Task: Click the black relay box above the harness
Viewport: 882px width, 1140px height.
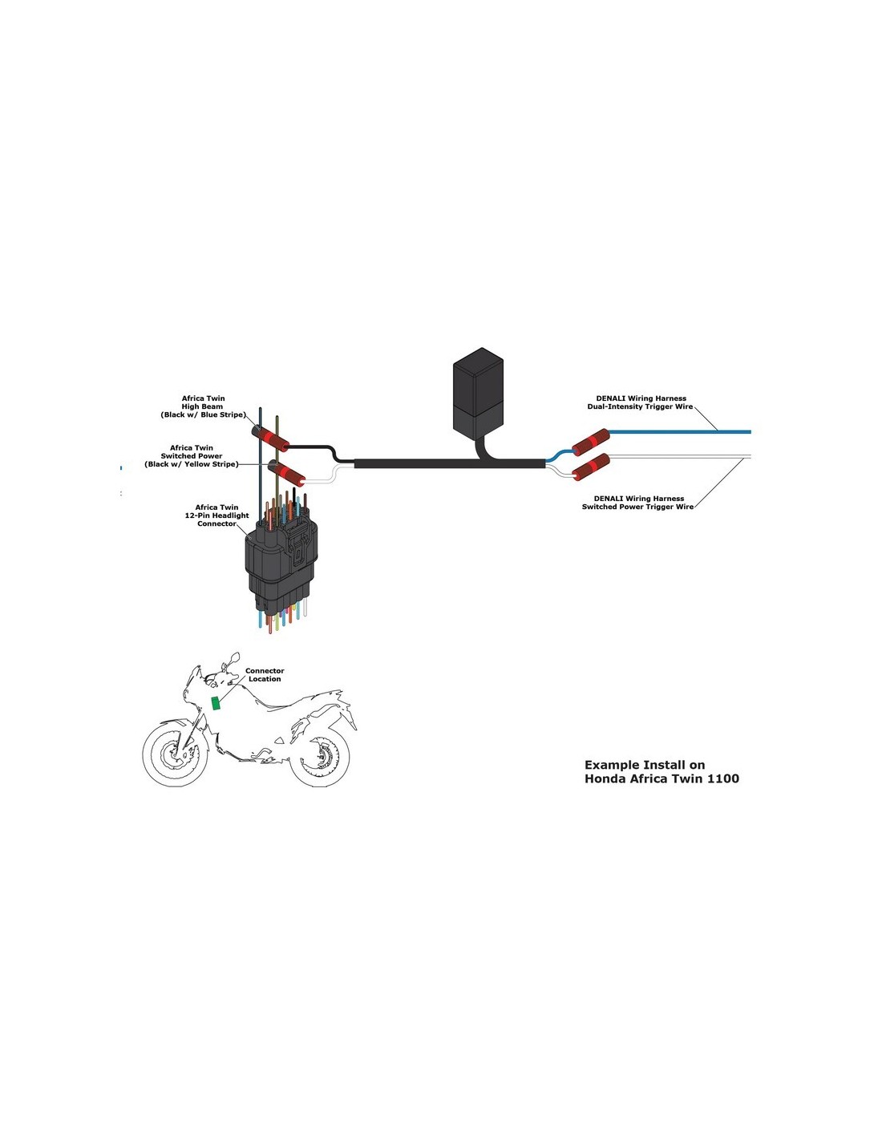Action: click(479, 392)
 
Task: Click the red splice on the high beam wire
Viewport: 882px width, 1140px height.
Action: click(272, 439)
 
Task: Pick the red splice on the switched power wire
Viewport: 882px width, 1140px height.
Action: click(287, 473)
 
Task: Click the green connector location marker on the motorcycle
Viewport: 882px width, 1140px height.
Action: click(216, 703)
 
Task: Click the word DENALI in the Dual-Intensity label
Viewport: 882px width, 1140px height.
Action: click(612, 398)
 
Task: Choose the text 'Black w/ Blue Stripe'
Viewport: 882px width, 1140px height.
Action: click(203, 415)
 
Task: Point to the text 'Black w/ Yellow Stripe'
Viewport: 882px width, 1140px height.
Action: click(192, 464)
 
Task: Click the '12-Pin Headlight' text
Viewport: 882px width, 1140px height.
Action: click(216, 515)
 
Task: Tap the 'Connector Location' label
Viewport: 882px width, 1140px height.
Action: click(265, 675)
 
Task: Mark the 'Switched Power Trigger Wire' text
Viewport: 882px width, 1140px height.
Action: click(637, 507)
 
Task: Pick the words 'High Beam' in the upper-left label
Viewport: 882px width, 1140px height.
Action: click(202, 406)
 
